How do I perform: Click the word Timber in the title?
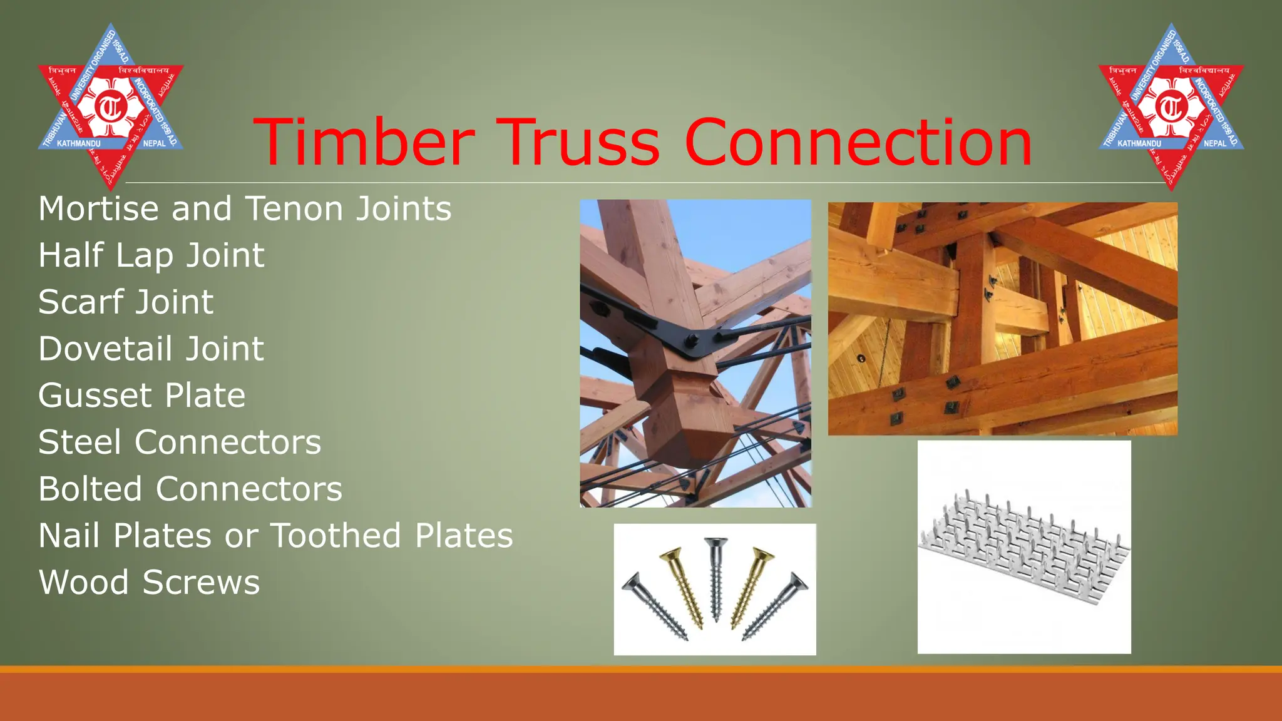pos(364,143)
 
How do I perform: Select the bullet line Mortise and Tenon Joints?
pos(245,208)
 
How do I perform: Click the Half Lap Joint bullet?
pos(151,255)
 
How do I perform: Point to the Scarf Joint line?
pos(126,302)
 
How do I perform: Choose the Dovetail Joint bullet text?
pos(151,349)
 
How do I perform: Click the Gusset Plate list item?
pos(142,396)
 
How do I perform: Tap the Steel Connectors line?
pos(180,442)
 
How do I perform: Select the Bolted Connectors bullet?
pos(190,489)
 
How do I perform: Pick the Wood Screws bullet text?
pos(149,582)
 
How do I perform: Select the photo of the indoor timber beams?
pos(1002,318)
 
